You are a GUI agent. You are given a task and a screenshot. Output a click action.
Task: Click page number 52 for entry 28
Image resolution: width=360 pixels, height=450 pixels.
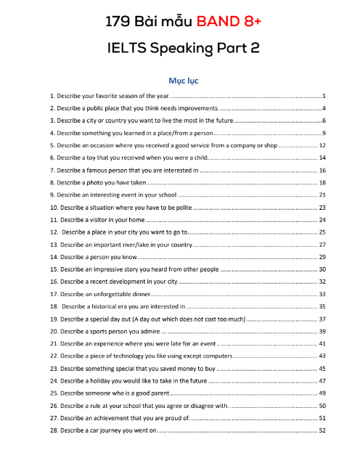coord(322,430)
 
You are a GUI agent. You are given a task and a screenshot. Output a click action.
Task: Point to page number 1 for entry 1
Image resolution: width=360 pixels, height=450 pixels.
coord(323,96)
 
